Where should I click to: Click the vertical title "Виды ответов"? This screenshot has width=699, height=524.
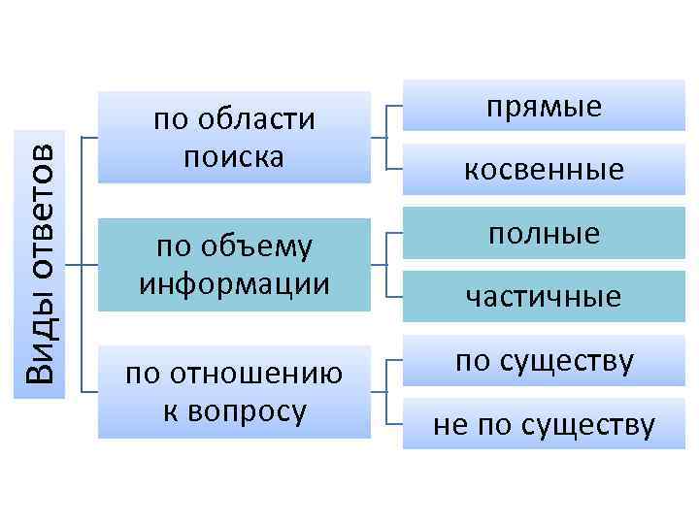tap(42, 262)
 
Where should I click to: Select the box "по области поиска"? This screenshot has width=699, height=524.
tap(234, 137)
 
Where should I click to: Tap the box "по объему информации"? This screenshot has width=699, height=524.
tap(234, 265)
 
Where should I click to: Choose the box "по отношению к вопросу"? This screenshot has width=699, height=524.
tap(234, 391)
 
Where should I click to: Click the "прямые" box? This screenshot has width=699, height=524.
tap(544, 106)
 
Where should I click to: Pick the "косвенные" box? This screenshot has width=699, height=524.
tap(544, 169)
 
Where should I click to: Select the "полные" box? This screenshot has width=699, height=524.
tap(544, 234)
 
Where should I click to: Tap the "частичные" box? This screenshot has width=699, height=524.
tap(544, 296)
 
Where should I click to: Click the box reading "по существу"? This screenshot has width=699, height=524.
tap(544, 361)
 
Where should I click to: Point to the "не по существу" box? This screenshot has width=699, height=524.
tap(544, 424)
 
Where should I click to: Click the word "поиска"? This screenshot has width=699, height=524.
tap(234, 155)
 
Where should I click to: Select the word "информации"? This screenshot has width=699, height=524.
tap(234, 284)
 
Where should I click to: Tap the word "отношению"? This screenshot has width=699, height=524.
tap(254, 374)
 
